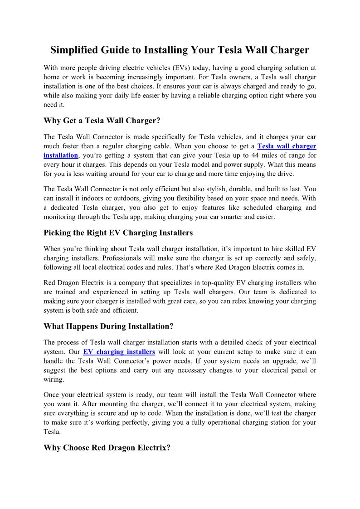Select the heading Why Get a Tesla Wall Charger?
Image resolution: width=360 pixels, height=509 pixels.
click(102, 121)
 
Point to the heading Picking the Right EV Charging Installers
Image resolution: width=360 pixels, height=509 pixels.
click(118, 233)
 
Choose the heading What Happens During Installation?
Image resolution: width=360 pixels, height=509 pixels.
click(108, 326)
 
